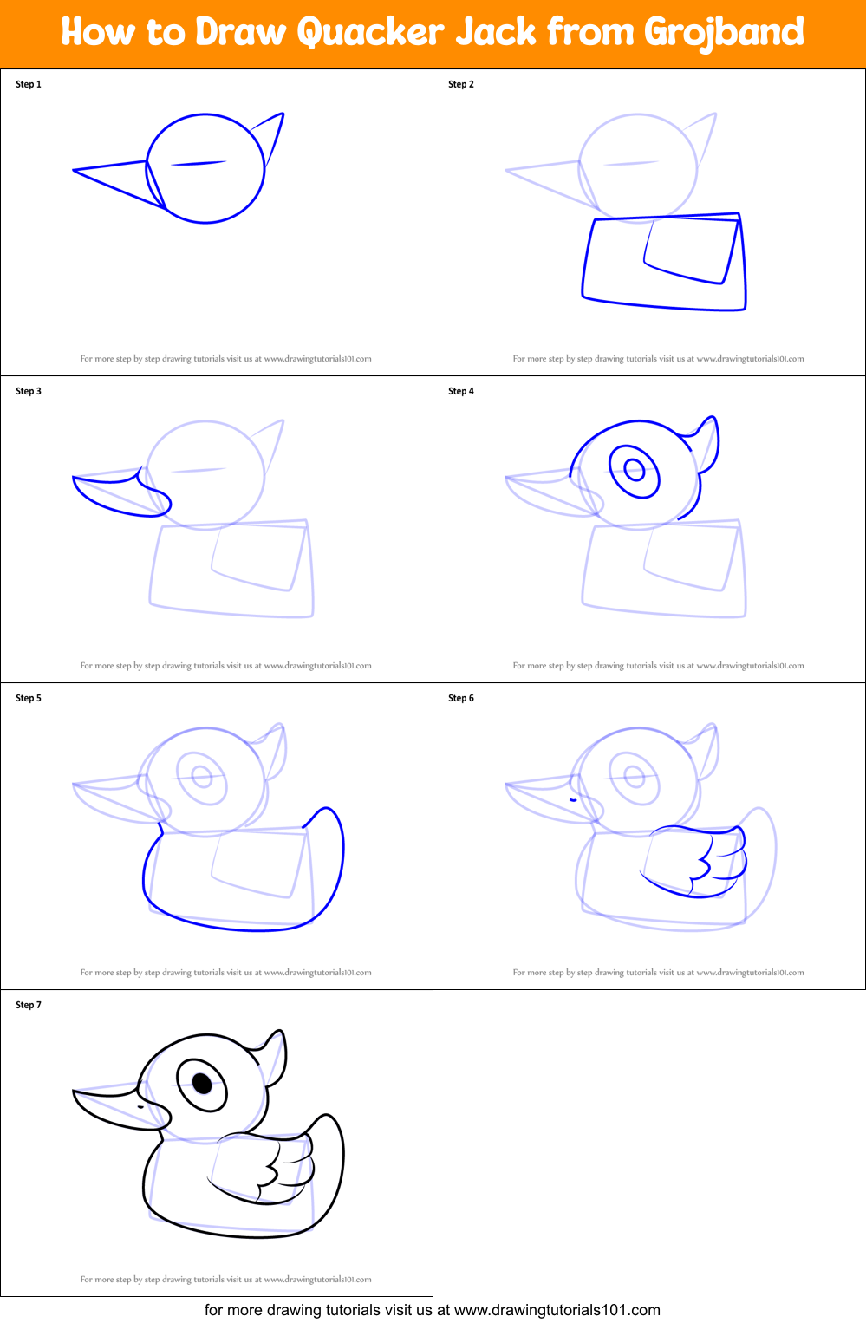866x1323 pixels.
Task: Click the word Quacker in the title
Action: coord(371,33)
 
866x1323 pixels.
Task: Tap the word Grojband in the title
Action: coord(724,33)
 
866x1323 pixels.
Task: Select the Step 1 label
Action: coord(29,84)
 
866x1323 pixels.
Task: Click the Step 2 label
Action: coord(461,84)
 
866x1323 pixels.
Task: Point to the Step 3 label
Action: coord(29,391)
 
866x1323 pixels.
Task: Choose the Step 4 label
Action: coord(461,391)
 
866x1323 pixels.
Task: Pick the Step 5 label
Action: coord(29,698)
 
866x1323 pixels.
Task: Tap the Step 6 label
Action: coord(461,698)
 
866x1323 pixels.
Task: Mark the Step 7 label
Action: coord(29,1005)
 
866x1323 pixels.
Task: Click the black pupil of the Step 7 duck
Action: coord(202,1083)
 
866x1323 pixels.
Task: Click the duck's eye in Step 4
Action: coord(635,471)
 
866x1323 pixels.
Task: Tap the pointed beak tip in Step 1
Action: coord(75,171)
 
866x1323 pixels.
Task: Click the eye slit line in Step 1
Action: coord(199,163)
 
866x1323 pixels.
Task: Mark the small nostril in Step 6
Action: coord(572,799)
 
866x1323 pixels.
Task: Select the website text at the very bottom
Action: coord(432,1310)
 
